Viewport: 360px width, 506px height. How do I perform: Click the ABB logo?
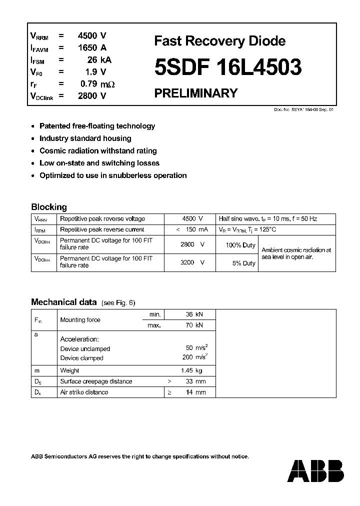click(x=317, y=471)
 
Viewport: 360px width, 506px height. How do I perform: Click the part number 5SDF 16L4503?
click(x=228, y=67)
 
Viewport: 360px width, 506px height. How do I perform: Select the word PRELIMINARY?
click(x=195, y=93)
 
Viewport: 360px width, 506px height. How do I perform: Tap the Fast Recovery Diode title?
click(x=219, y=41)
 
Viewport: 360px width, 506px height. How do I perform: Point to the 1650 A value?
click(x=92, y=48)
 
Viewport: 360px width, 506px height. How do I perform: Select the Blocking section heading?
click(x=49, y=207)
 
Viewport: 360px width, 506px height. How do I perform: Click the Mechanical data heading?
click(x=63, y=302)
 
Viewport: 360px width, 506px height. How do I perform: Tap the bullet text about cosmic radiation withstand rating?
click(x=98, y=150)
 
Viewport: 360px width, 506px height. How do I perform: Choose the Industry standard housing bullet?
click(x=85, y=138)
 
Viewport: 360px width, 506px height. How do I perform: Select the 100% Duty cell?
click(x=240, y=245)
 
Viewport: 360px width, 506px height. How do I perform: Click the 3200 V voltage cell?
click(x=192, y=262)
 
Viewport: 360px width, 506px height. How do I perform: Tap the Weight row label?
click(x=69, y=370)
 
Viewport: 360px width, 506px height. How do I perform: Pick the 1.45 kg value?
click(x=192, y=370)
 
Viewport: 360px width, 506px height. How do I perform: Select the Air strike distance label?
click(x=84, y=392)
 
